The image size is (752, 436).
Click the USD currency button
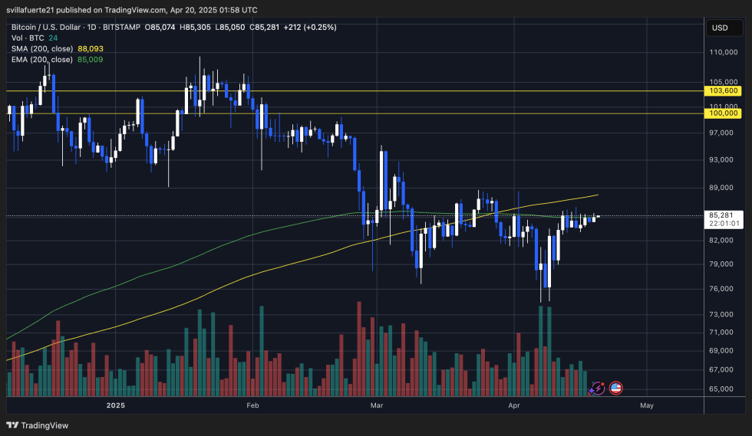pyautogui.click(x=720, y=28)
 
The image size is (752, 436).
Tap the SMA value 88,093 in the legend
pyautogui.click(x=91, y=48)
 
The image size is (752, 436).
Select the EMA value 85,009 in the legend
pyautogui.click(x=91, y=59)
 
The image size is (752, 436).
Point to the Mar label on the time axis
pyautogui.click(x=376, y=405)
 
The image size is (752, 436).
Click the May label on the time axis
pyautogui.click(x=646, y=405)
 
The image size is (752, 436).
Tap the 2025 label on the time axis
pyautogui.click(x=116, y=405)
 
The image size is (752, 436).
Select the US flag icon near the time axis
pyautogui.click(x=615, y=388)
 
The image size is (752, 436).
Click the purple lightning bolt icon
pyautogui.click(x=598, y=388)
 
